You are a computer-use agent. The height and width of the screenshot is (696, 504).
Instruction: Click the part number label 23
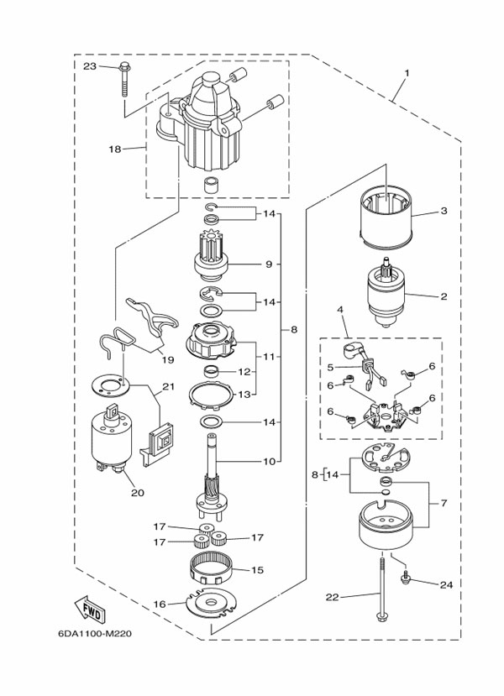90,65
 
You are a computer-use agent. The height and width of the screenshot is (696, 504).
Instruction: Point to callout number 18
115,149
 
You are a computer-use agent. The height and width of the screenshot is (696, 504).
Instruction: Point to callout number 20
137,493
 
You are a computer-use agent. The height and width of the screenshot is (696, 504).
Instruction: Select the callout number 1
406,73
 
